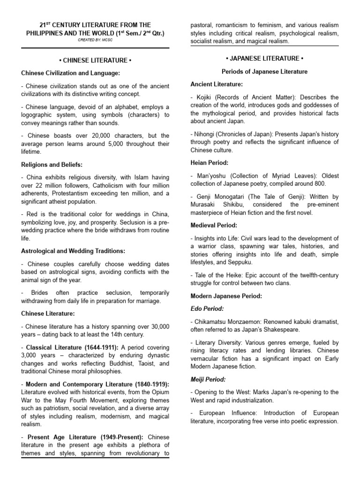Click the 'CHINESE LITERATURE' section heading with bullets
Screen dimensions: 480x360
click(95, 60)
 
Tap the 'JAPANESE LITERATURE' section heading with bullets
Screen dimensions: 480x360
click(264, 58)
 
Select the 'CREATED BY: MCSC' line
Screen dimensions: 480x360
click(95, 40)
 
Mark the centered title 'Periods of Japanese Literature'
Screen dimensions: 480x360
click(264, 72)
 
